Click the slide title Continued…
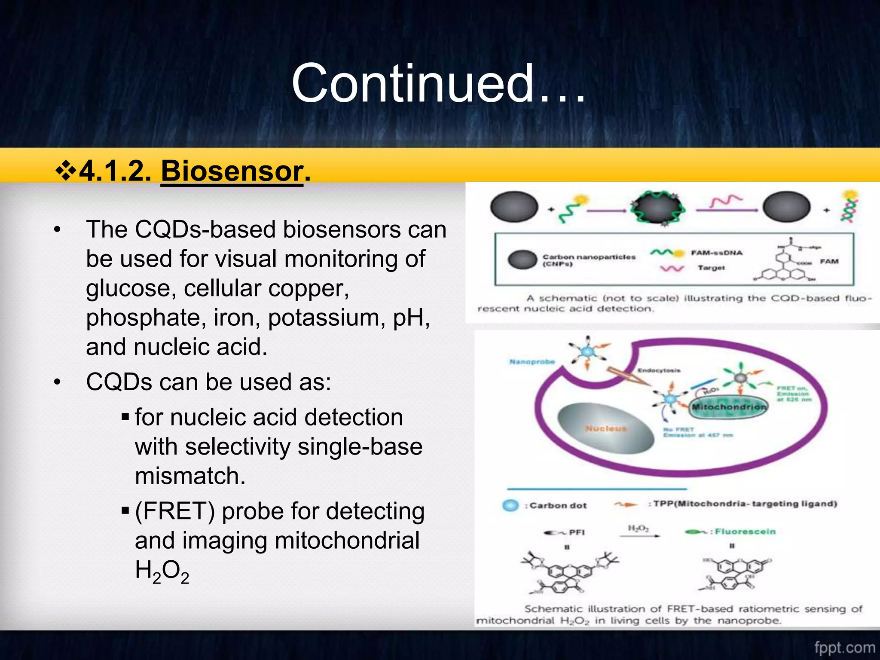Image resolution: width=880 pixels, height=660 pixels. point(438,84)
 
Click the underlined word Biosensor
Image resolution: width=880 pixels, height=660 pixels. point(232,171)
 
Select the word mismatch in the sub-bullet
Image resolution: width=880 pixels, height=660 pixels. point(190,476)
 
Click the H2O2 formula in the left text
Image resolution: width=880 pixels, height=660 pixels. point(162,571)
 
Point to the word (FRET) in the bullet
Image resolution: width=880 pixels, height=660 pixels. point(175,511)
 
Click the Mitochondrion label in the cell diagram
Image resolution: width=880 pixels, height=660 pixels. point(729,406)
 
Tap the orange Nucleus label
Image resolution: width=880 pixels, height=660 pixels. point(606,428)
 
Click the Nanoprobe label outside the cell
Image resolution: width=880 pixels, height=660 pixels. point(532,362)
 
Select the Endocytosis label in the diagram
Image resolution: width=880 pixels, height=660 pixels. point(659,370)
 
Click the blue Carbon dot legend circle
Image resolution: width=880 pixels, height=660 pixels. point(510,505)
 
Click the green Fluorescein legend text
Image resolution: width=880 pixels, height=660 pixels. point(745,532)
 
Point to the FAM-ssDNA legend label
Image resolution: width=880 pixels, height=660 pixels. point(716,253)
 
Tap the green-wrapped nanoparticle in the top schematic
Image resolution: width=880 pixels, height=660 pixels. point(657,208)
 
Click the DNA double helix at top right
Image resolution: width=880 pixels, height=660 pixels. point(849,207)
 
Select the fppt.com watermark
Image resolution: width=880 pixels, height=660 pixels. point(844,648)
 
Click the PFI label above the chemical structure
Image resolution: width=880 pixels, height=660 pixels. point(577,532)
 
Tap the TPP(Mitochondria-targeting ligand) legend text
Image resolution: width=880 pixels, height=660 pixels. point(745,504)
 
